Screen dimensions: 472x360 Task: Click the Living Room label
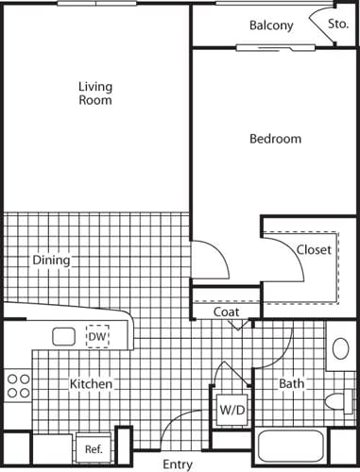click(x=94, y=93)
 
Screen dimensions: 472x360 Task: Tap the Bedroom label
click(x=275, y=139)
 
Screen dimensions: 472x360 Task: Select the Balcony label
click(x=271, y=25)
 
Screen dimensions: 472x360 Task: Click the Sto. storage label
click(x=337, y=25)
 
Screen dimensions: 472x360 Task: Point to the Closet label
click(x=314, y=250)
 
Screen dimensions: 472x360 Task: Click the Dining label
click(x=51, y=260)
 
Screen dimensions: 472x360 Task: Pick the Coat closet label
click(x=225, y=312)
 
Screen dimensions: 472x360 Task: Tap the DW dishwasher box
click(x=97, y=336)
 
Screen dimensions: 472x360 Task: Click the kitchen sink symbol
click(x=64, y=336)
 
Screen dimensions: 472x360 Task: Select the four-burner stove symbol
click(x=18, y=385)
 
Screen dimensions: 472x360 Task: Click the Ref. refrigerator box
click(x=94, y=448)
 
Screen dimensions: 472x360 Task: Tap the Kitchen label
click(x=92, y=384)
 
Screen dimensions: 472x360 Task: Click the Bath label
click(x=290, y=384)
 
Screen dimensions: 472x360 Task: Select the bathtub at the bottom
click(x=293, y=451)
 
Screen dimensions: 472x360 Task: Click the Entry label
click(x=178, y=464)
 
